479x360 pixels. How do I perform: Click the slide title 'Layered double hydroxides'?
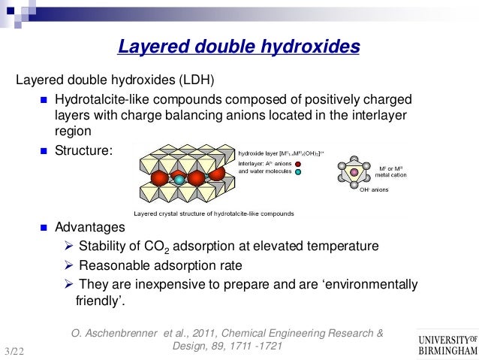click(x=239, y=48)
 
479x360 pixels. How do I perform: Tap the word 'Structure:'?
click(x=83, y=150)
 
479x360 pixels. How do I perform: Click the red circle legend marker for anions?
click(x=298, y=163)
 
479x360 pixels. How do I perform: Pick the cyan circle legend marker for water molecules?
click(x=298, y=172)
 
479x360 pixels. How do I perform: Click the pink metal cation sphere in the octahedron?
click(x=353, y=174)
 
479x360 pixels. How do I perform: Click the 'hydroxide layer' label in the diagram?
click(x=256, y=153)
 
